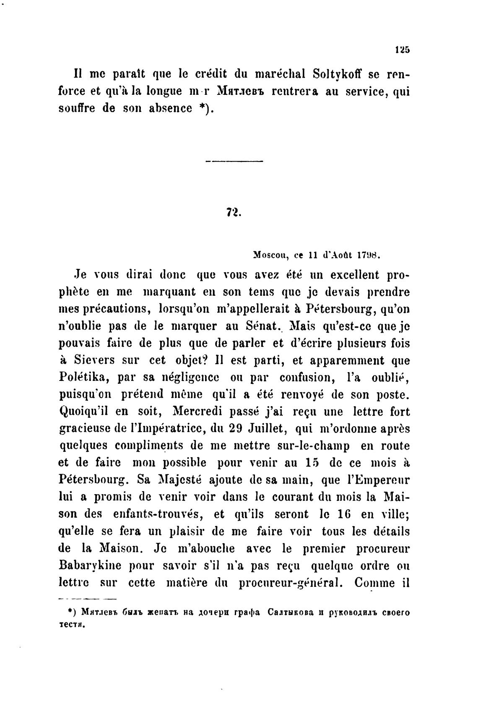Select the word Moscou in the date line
pos(270,255)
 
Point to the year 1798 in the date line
pos(369,255)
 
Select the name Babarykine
pos(90,565)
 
